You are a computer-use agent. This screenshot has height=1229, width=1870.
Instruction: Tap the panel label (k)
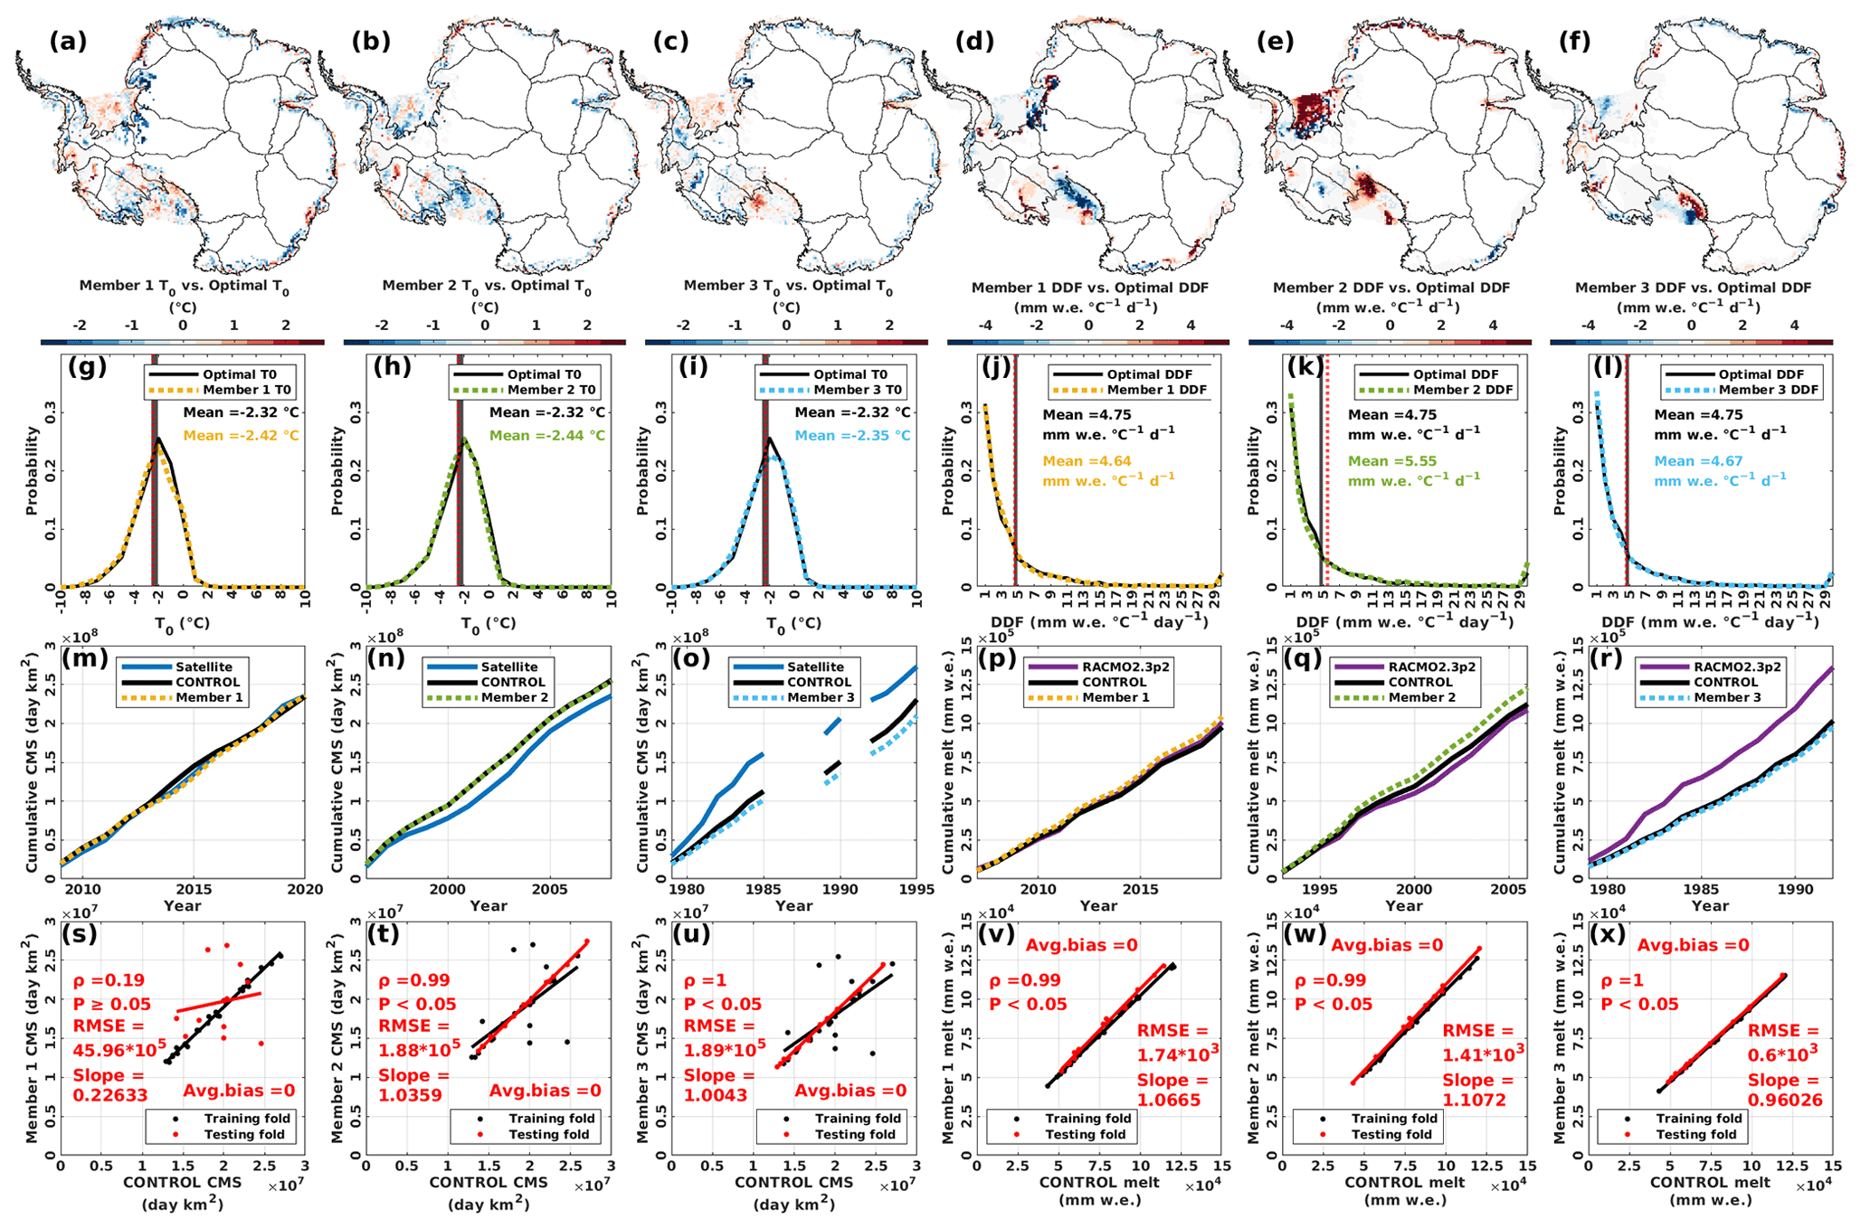coord(1305,367)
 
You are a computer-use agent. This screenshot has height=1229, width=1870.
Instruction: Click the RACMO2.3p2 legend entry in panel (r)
coord(1736,666)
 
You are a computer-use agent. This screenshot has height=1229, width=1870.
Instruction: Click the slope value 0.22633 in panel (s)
coord(110,1096)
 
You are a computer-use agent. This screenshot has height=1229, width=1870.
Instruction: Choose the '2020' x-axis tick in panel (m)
coord(305,889)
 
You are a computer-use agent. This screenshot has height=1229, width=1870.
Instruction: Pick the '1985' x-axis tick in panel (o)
coord(764,889)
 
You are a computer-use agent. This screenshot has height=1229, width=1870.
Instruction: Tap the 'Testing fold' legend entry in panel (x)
coord(1696,1134)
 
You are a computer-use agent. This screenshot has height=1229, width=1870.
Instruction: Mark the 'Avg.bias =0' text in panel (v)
coord(1081,946)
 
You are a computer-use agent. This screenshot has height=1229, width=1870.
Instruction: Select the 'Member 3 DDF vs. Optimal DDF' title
coord(1693,288)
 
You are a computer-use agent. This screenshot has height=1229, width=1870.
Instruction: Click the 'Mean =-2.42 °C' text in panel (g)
coord(241,436)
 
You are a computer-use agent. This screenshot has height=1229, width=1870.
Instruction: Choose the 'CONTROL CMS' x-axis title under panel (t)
coord(489,1182)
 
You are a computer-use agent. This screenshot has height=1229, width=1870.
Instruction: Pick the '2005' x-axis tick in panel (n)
coord(547,889)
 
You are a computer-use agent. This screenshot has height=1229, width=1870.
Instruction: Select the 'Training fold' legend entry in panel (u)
coord(858,1119)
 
